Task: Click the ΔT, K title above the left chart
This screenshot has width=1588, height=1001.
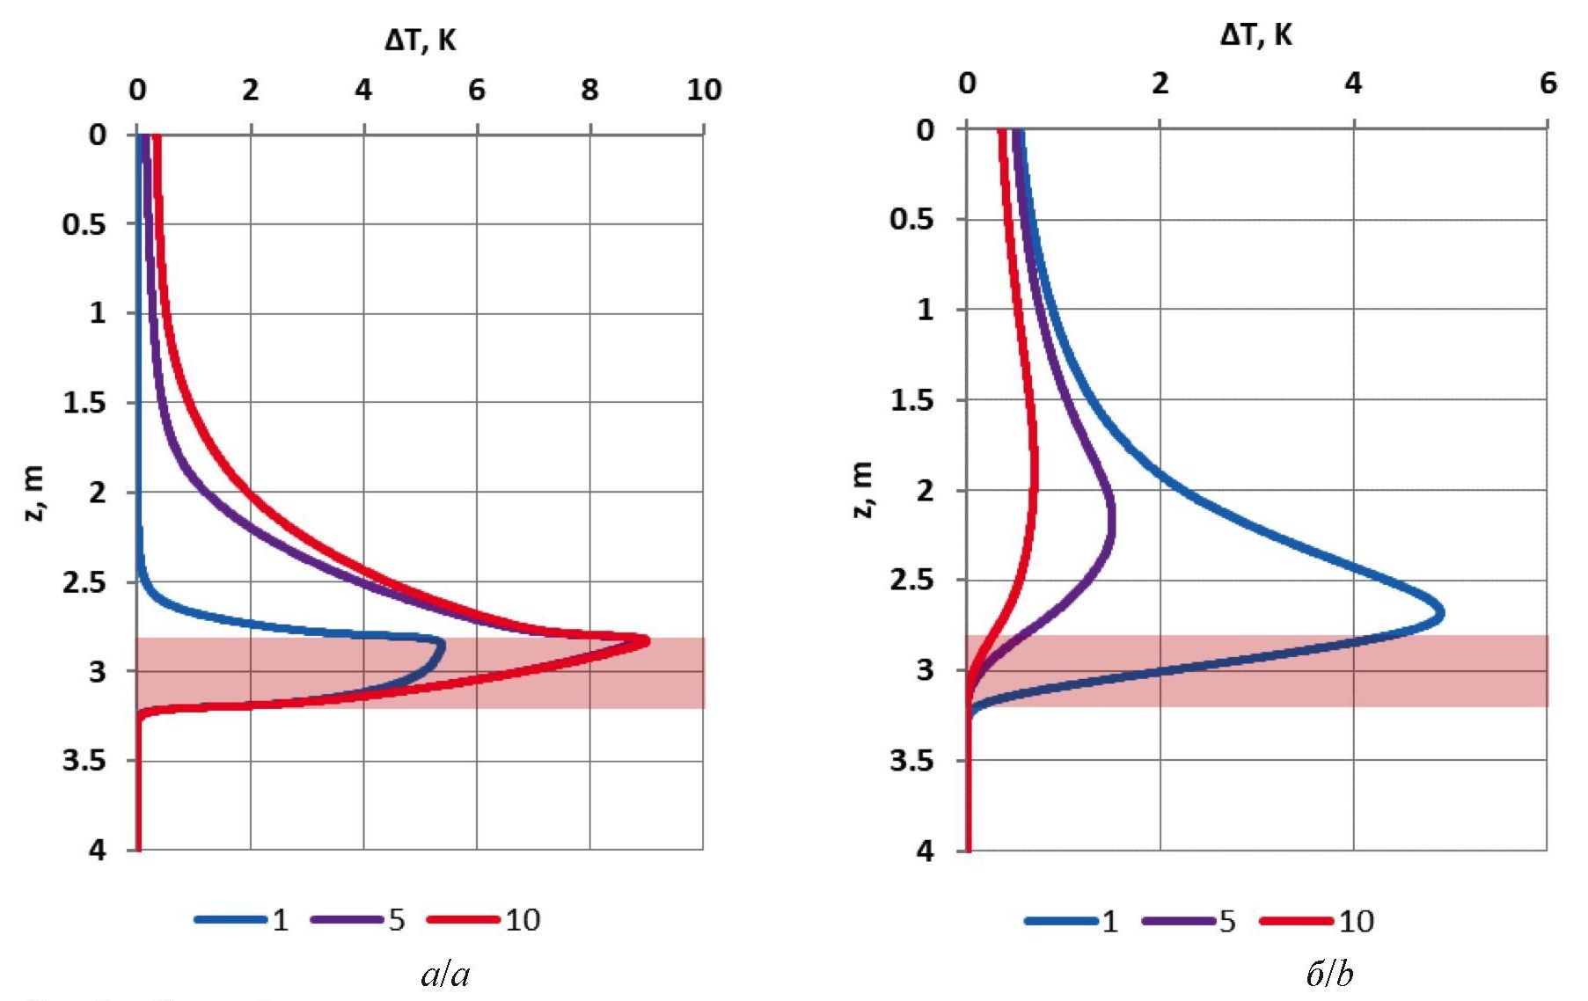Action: click(421, 40)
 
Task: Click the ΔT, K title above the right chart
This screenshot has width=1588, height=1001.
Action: click(1256, 35)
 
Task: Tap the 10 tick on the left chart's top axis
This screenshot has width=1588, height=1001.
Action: click(704, 90)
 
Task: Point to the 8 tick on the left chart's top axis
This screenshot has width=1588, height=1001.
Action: click(589, 90)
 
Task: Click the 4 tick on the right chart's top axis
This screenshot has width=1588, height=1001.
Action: click(1353, 84)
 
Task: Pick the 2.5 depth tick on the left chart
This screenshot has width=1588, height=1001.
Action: click(84, 582)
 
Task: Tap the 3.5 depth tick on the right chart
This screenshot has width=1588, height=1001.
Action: click(911, 760)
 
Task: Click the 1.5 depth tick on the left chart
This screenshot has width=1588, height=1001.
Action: click(84, 403)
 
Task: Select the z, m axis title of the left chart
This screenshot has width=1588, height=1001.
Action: click(33, 493)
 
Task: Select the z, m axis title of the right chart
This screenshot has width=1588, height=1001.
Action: click(863, 489)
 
